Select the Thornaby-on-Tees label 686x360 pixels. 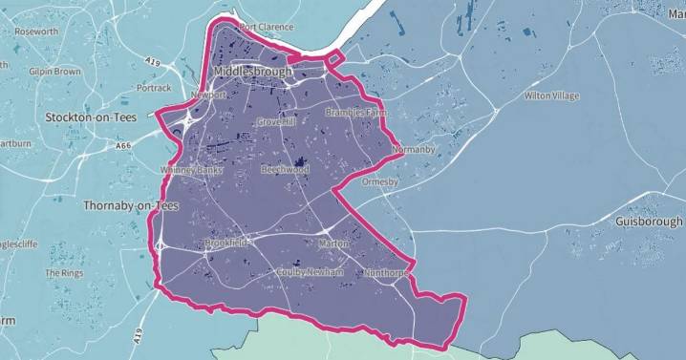pyautogui.click(x=112, y=205)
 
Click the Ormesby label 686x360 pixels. pyautogui.click(x=379, y=181)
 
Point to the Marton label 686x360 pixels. pyautogui.click(x=334, y=244)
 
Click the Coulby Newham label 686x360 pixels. pyautogui.click(x=309, y=271)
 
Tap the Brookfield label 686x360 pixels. pyautogui.click(x=225, y=243)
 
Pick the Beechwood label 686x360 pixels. pyautogui.click(x=285, y=169)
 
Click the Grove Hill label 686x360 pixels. pyautogui.click(x=277, y=122)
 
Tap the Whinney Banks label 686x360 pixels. pyautogui.click(x=191, y=170)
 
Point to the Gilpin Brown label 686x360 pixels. pyautogui.click(x=54, y=72)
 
